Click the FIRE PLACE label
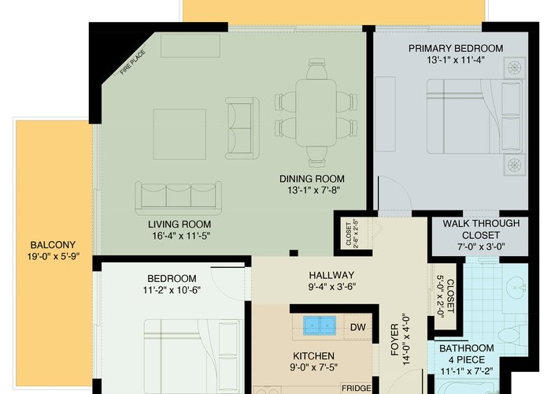(x=133, y=62)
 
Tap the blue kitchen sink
(x=320, y=325)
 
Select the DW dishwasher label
(x=357, y=328)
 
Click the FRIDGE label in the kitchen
(x=357, y=388)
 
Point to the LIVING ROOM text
(x=179, y=224)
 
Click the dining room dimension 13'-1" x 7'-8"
(x=314, y=191)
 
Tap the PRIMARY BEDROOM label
(x=456, y=48)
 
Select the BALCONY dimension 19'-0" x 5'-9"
(x=54, y=256)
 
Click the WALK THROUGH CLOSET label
(x=481, y=229)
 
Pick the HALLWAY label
(x=331, y=275)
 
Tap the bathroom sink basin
(x=516, y=288)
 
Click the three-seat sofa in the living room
(x=178, y=198)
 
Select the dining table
(x=316, y=113)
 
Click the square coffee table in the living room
(x=179, y=134)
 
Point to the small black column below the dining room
(x=294, y=253)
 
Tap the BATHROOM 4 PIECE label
(x=466, y=354)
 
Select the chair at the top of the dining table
(x=316, y=69)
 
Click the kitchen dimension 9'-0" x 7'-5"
(x=313, y=367)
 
